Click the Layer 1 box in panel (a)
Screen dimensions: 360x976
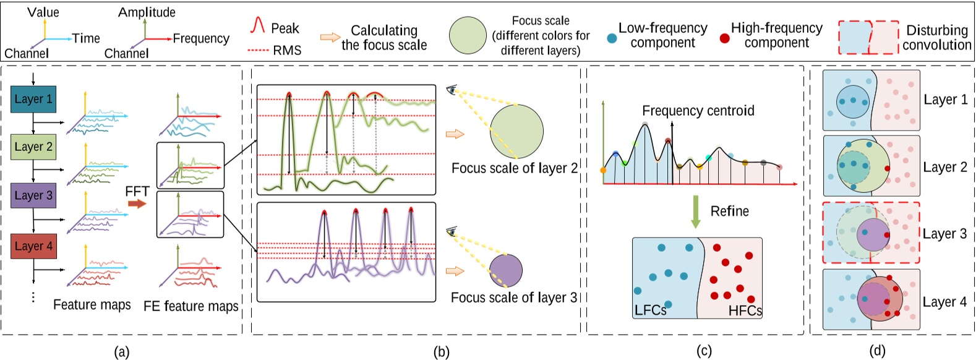[33, 99]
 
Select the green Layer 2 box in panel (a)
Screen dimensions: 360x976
[33, 147]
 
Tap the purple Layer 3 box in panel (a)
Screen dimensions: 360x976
[33, 195]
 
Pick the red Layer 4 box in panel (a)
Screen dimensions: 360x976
[33, 246]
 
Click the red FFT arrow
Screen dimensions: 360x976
[137, 204]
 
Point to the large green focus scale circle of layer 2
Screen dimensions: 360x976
[516, 132]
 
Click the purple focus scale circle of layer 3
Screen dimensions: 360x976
[506, 270]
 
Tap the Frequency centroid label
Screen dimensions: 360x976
[698, 111]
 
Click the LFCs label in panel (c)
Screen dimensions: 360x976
[650, 310]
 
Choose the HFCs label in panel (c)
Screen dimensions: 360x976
[745, 311]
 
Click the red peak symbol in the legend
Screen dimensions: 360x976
[257, 25]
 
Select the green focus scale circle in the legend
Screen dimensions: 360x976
[468, 35]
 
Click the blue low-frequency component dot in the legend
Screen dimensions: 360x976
[612, 38]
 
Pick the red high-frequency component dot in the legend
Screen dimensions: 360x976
[725, 38]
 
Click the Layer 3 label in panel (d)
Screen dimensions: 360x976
[944, 234]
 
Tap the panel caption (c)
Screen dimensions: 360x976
[704, 351]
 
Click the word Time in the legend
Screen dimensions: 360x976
[86, 38]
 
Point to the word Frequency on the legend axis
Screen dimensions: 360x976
[201, 38]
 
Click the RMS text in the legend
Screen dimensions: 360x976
[287, 50]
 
